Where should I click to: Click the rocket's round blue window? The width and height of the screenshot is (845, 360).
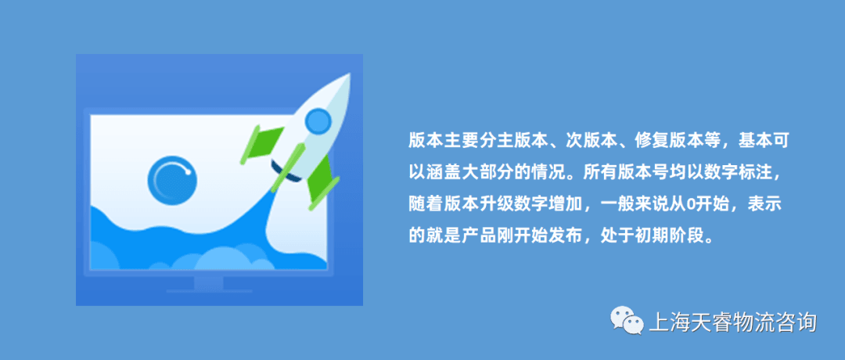click(x=318, y=121)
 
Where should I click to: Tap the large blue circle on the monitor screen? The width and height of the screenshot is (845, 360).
click(x=172, y=179)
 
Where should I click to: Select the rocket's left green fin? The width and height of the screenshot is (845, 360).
click(x=262, y=144)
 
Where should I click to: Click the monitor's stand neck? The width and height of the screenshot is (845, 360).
click(x=209, y=283)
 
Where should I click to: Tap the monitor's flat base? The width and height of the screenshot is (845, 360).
click(x=209, y=291)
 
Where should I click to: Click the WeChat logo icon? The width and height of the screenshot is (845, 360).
click(x=627, y=322)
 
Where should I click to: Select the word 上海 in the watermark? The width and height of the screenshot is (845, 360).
click(x=668, y=322)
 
